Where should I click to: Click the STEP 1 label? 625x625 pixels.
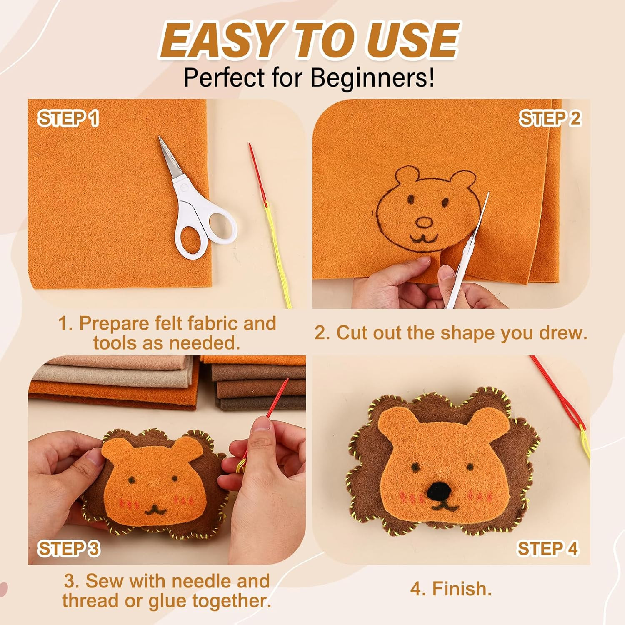click(69, 118)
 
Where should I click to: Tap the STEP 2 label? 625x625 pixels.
click(550, 118)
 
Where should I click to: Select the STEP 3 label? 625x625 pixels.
click(69, 548)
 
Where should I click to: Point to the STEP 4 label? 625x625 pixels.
click(547, 548)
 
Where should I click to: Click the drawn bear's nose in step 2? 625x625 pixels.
click(425, 222)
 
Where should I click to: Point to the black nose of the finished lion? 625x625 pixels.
click(439, 490)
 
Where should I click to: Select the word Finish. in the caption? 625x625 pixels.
click(451, 589)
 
